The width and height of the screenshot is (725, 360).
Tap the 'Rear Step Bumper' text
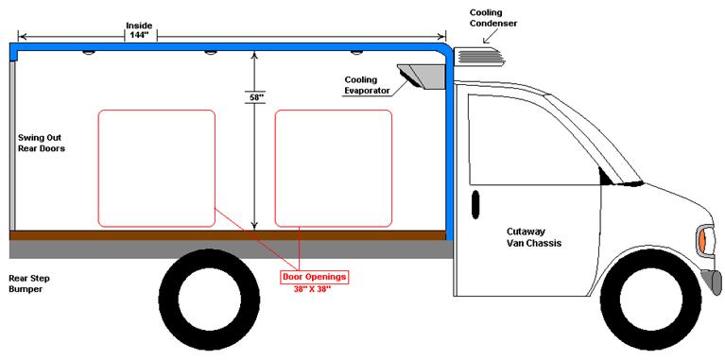click(29, 283)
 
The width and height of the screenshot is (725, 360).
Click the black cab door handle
click(475, 203)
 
